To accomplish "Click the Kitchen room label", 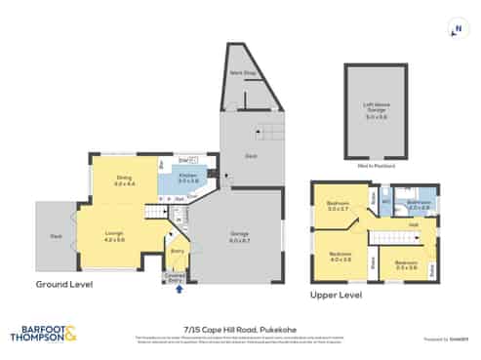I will pyautogui.click(x=188, y=177).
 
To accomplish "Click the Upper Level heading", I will pyautogui.click(x=336, y=292).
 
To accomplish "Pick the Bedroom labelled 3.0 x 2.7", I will pyautogui.click(x=338, y=206).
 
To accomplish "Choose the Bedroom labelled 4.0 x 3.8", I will pyautogui.click(x=340, y=257).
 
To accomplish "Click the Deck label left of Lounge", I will pyautogui.click(x=56, y=235).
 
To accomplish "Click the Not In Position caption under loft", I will pyautogui.click(x=376, y=167).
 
